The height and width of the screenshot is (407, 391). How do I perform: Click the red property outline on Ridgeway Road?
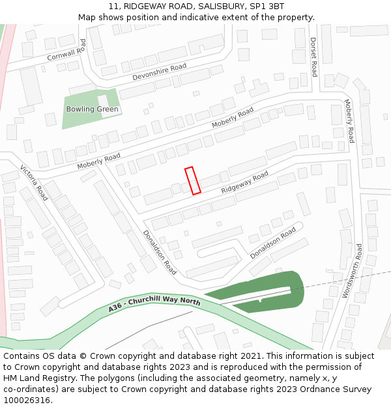pyautogui.click(x=192, y=180)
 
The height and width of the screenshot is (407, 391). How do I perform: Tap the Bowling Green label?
pyautogui.click(x=93, y=109)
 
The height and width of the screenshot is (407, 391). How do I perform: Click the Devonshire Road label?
pyautogui.click(x=159, y=72)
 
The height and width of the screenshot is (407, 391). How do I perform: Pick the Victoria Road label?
pyautogui.click(x=35, y=182)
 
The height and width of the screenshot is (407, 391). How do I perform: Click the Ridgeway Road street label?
pyautogui.click(x=244, y=182)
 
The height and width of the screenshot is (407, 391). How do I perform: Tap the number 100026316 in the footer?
pyautogui.click(x=26, y=400)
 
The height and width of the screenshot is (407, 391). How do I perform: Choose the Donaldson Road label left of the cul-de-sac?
pyautogui.click(x=160, y=251)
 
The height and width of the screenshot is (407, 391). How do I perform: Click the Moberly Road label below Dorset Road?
pyautogui.click(x=349, y=121)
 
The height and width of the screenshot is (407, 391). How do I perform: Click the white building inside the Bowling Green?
pyautogui.click(x=104, y=101)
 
